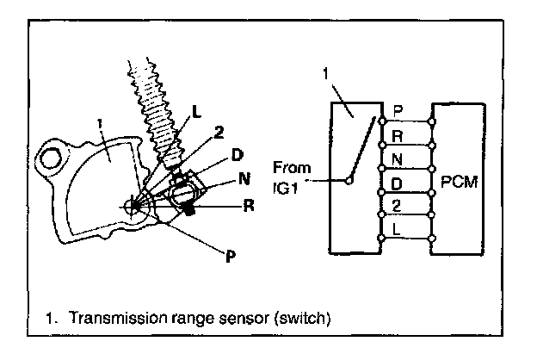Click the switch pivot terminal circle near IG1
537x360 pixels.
[x=348, y=181]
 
